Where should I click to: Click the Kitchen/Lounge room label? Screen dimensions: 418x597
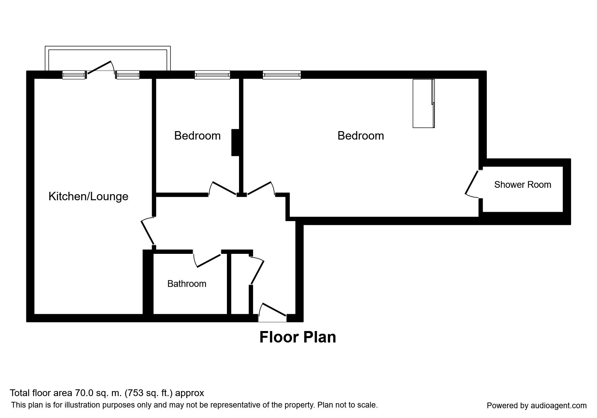(88, 196)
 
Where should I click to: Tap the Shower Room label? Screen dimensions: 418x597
(522, 184)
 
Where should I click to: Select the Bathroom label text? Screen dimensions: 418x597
(187, 284)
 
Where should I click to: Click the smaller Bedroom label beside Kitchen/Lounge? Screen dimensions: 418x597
(197, 136)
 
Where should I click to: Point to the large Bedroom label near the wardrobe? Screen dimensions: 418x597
(360, 136)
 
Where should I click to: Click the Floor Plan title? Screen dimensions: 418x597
(297, 337)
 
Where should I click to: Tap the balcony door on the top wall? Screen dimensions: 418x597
(100, 67)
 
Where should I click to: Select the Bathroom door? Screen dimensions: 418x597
(208, 261)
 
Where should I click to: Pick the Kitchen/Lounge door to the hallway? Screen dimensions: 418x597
(147, 231)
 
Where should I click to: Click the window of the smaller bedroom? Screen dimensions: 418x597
(212, 75)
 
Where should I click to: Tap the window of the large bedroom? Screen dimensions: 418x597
(281, 75)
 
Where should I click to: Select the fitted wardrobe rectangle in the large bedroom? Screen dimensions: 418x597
(423, 103)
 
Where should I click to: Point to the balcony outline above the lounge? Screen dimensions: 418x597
(108, 49)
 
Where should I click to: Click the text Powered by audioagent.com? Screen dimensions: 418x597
(537, 406)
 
